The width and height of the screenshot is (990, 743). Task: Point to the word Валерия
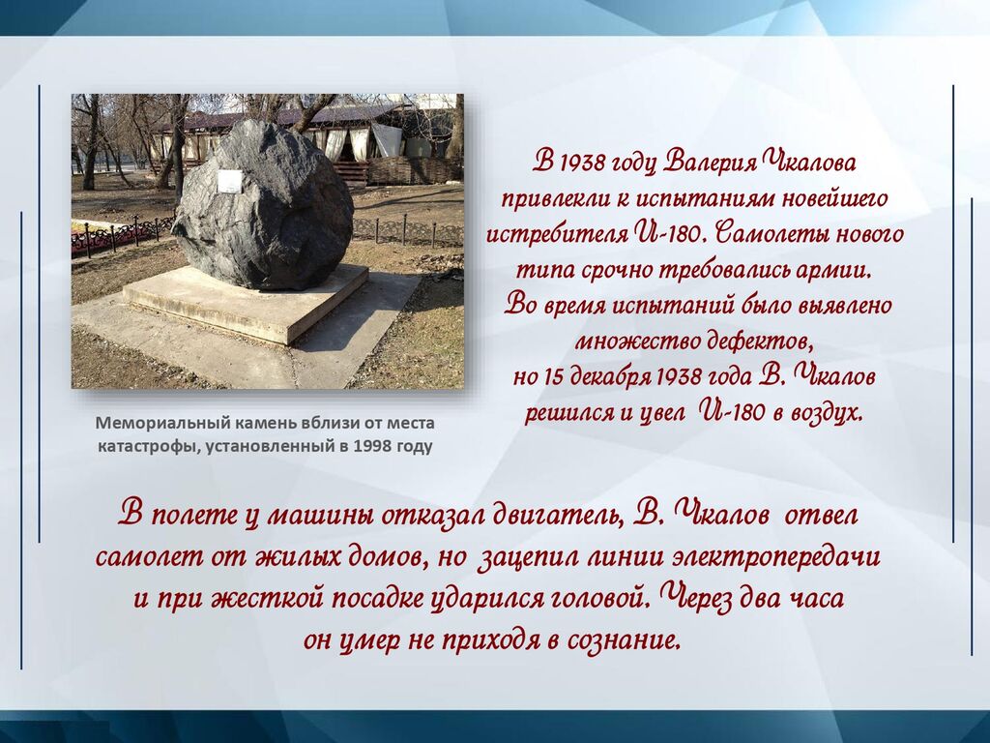point(711,163)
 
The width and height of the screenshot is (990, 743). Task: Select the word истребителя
point(558,234)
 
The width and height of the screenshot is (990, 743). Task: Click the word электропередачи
point(776,558)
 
